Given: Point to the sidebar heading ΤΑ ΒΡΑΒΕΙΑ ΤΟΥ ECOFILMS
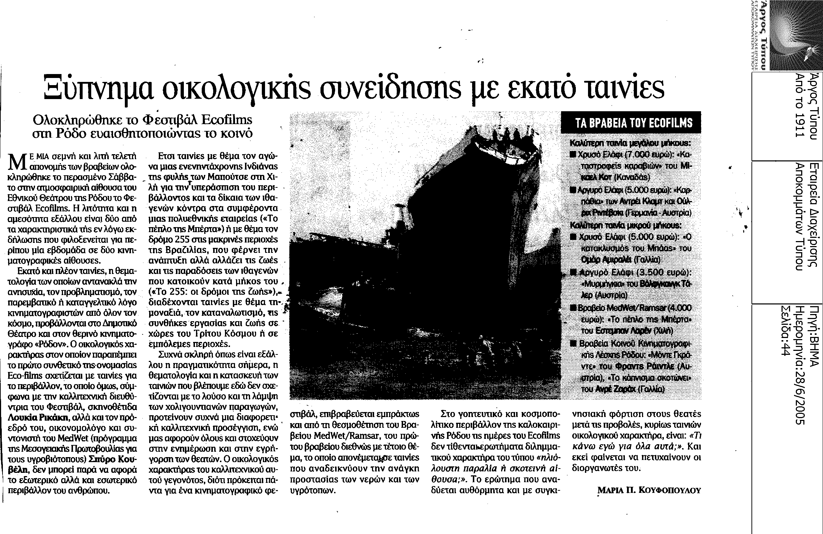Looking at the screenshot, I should point(631,123).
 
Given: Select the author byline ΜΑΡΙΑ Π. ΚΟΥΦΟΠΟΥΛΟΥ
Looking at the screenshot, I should point(649,491).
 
